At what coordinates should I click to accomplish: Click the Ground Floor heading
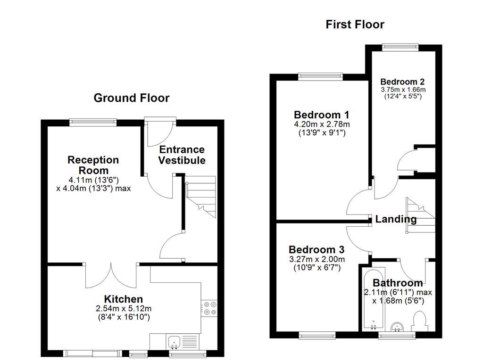131,98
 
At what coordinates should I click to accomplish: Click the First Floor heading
355,25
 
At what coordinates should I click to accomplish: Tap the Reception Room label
93,165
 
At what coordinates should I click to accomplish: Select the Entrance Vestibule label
182,155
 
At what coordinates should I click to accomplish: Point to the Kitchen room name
123,299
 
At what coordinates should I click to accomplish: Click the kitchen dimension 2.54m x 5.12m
123,308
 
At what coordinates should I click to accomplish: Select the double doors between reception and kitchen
111,276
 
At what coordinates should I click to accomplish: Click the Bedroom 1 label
321,115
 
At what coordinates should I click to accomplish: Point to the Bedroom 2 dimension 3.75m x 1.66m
403,90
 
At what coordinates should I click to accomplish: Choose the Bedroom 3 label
316,249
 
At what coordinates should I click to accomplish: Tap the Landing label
396,219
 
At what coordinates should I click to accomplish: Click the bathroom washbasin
398,326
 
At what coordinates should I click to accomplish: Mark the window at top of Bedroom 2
400,46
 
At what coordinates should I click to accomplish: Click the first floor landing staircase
420,215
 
